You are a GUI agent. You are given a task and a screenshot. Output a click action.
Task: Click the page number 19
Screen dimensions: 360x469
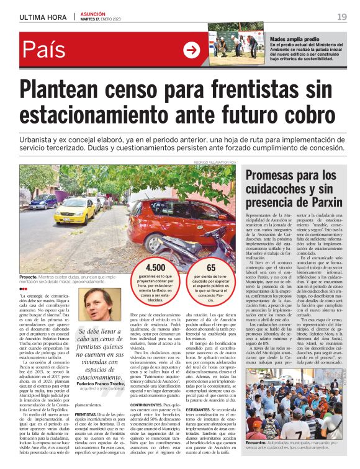point(341,16)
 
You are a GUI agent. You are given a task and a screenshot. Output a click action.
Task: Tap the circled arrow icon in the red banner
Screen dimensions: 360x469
point(191,50)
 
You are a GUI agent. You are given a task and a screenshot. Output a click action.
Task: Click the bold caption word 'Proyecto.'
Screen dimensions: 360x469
point(29,276)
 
